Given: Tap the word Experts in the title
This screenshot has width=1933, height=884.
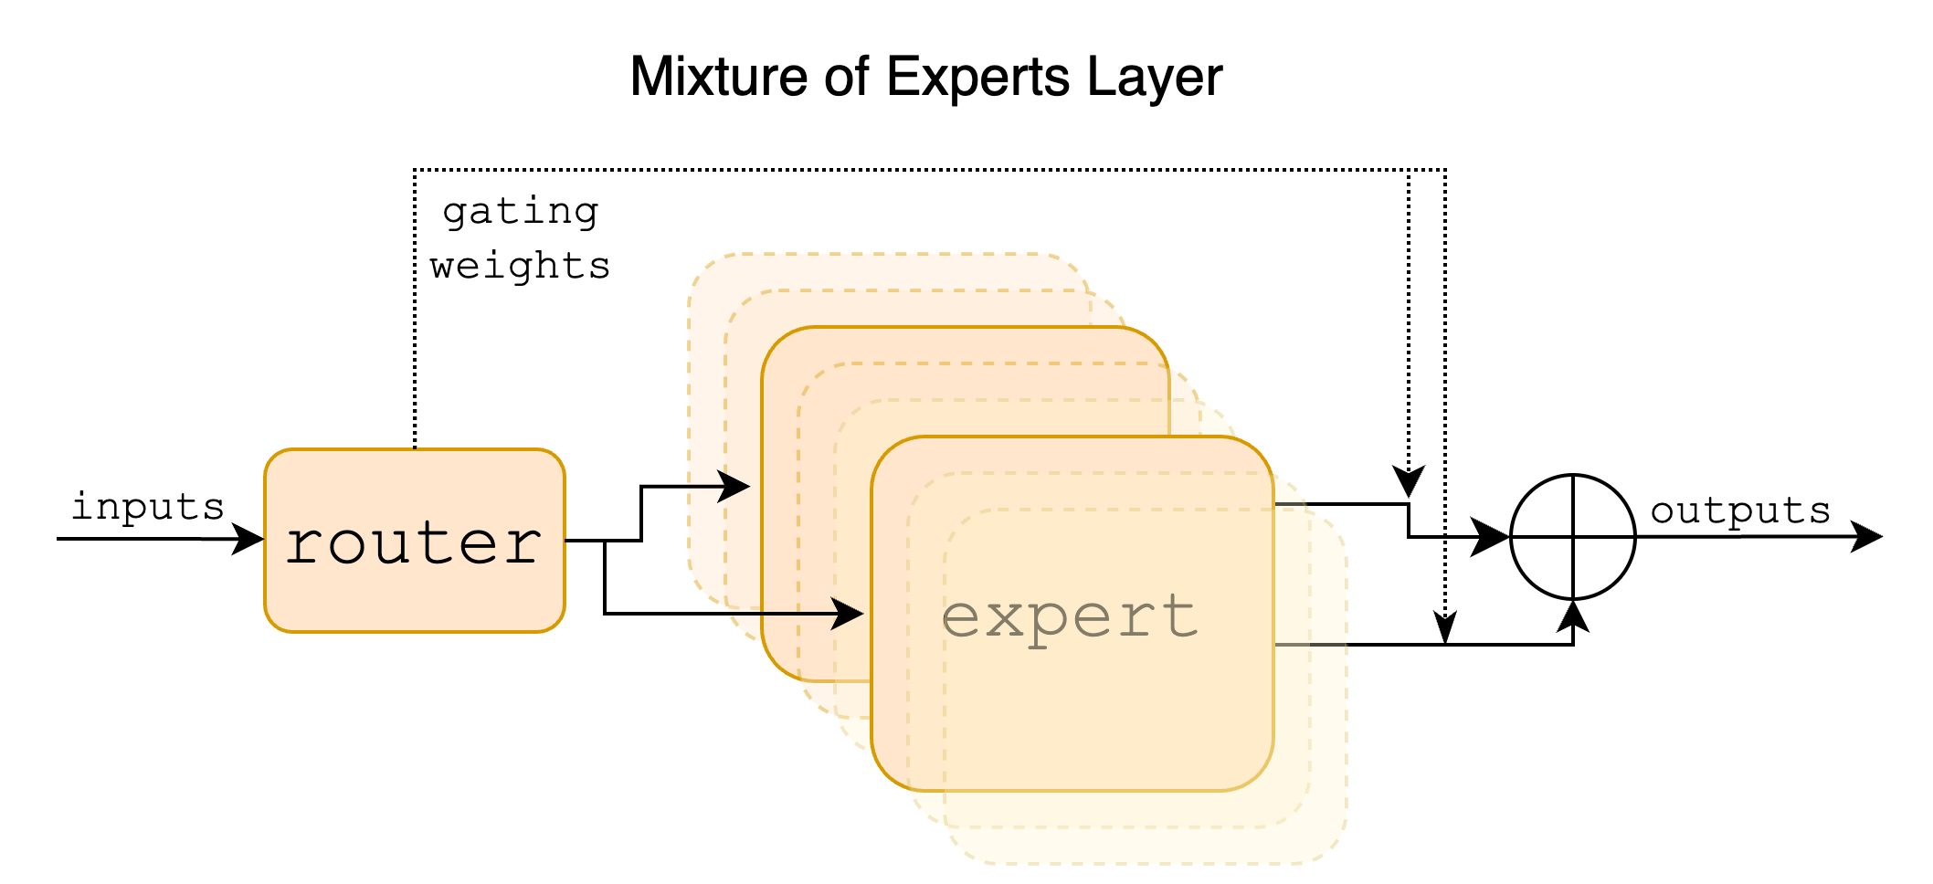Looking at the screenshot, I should pos(977,79).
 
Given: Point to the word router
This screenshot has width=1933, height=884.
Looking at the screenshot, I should pos(414,544).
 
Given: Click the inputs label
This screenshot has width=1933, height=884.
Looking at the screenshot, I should pos(148,506).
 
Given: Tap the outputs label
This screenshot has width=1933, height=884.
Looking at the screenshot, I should pos(1740,510).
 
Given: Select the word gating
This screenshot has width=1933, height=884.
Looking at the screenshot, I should pos(521,213).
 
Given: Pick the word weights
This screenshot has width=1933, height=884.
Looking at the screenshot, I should pos(520,266).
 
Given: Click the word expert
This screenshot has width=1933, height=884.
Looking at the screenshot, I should pos(1070,618).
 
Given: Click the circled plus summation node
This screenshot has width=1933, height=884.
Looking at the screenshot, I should pos(1572,537).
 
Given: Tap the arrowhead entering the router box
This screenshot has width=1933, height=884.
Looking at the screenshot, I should pos(248,539).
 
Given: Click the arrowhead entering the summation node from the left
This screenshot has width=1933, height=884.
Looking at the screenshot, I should pos(1492,537).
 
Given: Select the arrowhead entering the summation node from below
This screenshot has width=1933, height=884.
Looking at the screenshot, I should pos(1572,616).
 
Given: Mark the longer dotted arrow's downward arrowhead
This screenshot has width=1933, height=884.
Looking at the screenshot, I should pos(1444,629).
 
